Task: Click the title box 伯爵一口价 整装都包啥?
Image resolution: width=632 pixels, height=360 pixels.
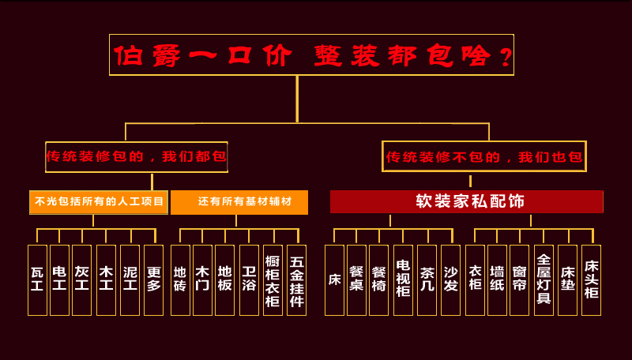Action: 311,55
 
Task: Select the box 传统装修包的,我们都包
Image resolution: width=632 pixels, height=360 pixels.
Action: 137,156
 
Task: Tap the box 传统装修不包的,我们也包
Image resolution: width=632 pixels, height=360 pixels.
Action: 484,156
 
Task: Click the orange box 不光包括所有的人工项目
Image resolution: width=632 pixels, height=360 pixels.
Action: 99,202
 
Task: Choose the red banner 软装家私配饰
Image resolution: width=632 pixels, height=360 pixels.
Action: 466,201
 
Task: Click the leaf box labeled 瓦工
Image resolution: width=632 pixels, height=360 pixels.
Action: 37,279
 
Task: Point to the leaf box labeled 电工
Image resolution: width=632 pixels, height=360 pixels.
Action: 59,279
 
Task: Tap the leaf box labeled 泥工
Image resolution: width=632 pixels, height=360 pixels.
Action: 130,279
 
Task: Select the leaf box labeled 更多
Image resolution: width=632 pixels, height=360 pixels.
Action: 153,279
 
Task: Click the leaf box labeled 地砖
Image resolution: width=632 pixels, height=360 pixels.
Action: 180,279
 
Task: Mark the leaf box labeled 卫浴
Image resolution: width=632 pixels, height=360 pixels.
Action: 249,279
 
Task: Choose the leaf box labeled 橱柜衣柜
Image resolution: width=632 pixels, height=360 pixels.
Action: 273,279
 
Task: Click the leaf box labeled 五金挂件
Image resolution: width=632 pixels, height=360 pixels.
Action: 296,279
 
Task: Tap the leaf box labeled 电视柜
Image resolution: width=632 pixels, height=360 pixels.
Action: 403,279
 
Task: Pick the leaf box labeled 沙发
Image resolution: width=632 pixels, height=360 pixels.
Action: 450,279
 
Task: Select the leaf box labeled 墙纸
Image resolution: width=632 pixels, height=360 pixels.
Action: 497,279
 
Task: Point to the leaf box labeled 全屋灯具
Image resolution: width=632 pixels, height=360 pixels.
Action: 544,279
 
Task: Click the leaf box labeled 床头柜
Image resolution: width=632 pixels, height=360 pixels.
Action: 591,279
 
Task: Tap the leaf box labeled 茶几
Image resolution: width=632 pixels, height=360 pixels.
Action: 427,279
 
